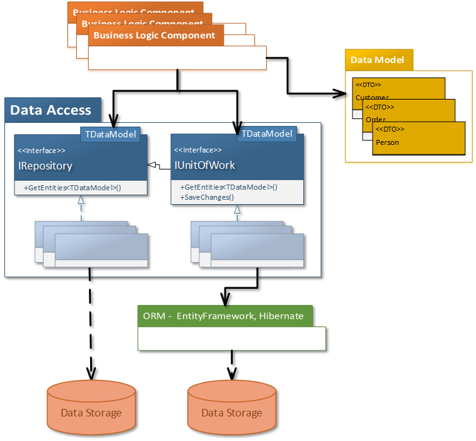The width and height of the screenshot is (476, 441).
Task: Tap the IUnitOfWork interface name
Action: pyautogui.click(x=204, y=166)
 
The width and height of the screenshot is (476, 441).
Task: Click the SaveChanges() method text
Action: pyautogui.click(x=207, y=197)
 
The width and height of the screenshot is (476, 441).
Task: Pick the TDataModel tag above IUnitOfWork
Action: pyautogui.click(x=267, y=134)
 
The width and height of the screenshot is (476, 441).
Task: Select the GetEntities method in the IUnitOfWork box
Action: pyautogui.click(x=228, y=187)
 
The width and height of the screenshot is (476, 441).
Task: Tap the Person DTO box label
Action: pyautogui.click(x=387, y=142)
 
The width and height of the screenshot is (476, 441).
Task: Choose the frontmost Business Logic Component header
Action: pyautogui.click(x=154, y=36)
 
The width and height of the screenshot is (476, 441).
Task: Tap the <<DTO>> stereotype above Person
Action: pyautogui.click(x=390, y=129)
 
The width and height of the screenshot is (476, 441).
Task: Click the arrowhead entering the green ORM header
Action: pyautogui.click(x=225, y=301)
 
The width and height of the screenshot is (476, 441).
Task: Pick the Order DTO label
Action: pyautogui.click(x=376, y=119)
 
